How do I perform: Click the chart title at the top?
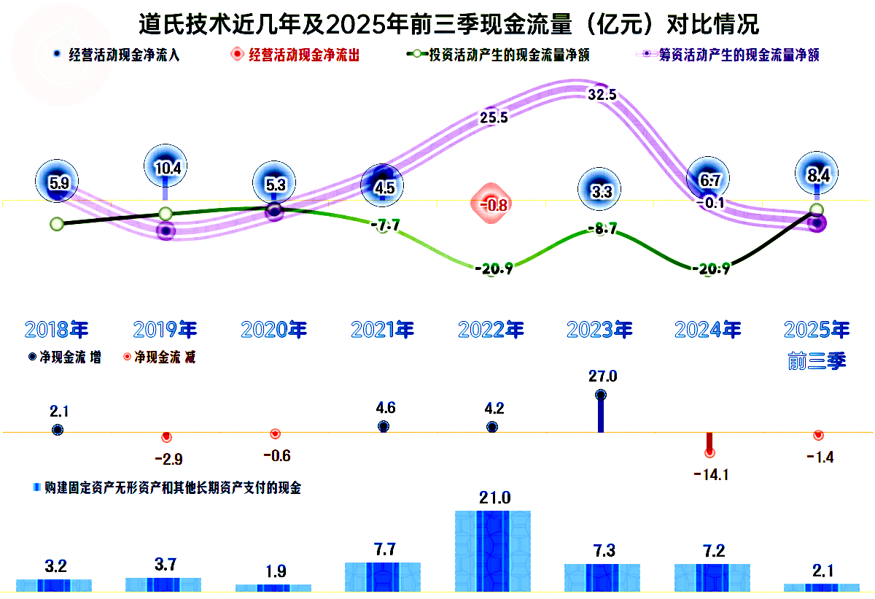[x=448, y=24]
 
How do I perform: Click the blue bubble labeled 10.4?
[x=167, y=167]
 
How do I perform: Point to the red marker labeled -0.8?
[x=494, y=204]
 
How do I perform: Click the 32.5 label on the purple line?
[x=602, y=94]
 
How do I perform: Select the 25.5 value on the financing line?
[x=494, y=117]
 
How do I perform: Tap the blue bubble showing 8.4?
[x=817, y=174]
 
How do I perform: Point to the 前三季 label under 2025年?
[x=817, y=360]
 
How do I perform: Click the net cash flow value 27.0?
[x=602, y=376]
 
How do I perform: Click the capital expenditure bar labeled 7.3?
[x=602, y=576]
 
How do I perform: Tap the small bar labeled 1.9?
[x=273, y=587]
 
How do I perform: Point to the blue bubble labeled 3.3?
[x=602, y=193]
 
